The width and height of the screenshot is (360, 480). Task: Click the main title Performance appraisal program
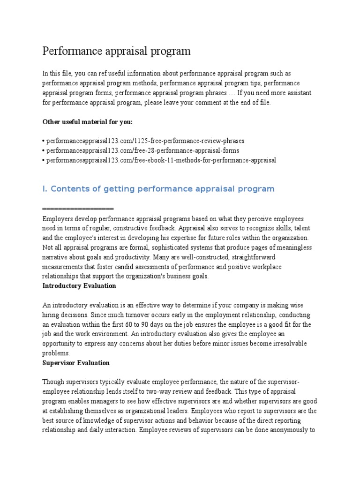pyautogui.click(x=117, y=51)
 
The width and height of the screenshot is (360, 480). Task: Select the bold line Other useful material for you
pyautogui.click(x=88, y=122)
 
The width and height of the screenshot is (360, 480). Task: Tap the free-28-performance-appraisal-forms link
pyautogui.click(x=140, y=150)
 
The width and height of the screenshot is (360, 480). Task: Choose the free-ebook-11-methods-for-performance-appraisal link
pyautogui.click(x=159, y=160)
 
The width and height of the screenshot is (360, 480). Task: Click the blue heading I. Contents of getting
pyautogui.click(x=158, y=189)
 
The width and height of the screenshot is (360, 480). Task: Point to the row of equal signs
pyautogui.click(x=78, y=209)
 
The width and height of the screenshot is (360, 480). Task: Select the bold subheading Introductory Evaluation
pyautogui.click(x=79, y=285)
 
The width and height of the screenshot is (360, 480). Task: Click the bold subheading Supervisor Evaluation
pyautogui.click(x=76, y=363)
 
